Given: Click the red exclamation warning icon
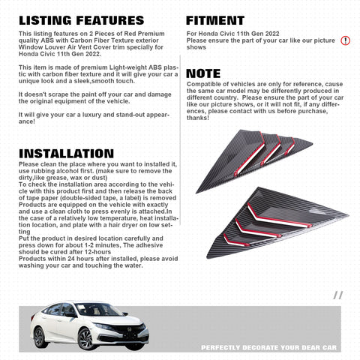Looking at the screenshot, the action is click(x=345, y=40).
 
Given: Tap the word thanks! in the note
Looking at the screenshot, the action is click(x=198, y=118).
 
